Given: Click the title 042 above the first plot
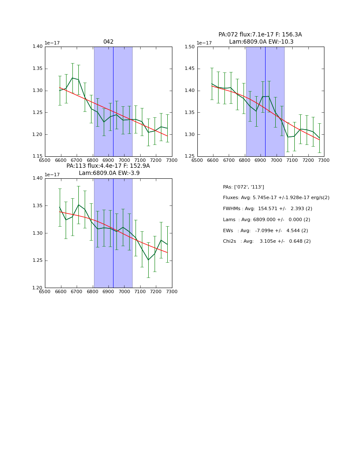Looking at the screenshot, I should point(108,42).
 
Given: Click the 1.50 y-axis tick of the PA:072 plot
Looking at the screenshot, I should point(190,47).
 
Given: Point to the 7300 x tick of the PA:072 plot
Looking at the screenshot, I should point(324,160).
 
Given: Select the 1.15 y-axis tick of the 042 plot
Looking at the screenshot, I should point(38,156).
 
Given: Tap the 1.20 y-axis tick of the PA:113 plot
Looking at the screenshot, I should point(38,288).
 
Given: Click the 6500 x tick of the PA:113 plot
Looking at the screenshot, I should point(45,291).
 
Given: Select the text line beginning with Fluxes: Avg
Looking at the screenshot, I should point(276,198).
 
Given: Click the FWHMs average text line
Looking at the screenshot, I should point(267,209).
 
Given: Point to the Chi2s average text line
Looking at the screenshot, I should point(266,241).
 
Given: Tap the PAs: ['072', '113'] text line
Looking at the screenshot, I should point(243,187).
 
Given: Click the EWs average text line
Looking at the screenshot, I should point(265,231).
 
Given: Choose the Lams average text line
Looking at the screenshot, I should point(266,220).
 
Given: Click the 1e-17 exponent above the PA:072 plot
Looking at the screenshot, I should point(204,43).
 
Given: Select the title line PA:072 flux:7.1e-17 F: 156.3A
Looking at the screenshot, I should point(260,35).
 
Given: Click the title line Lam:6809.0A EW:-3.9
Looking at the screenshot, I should point(109,173).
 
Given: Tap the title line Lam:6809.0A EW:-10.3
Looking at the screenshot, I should point(261,42).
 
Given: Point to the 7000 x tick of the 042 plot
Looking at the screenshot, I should point(124,160).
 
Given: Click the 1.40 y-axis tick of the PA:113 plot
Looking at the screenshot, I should point(38,178).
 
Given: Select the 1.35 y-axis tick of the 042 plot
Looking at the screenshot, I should point(38,69).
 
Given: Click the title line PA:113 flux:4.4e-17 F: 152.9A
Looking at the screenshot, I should point(108,166).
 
